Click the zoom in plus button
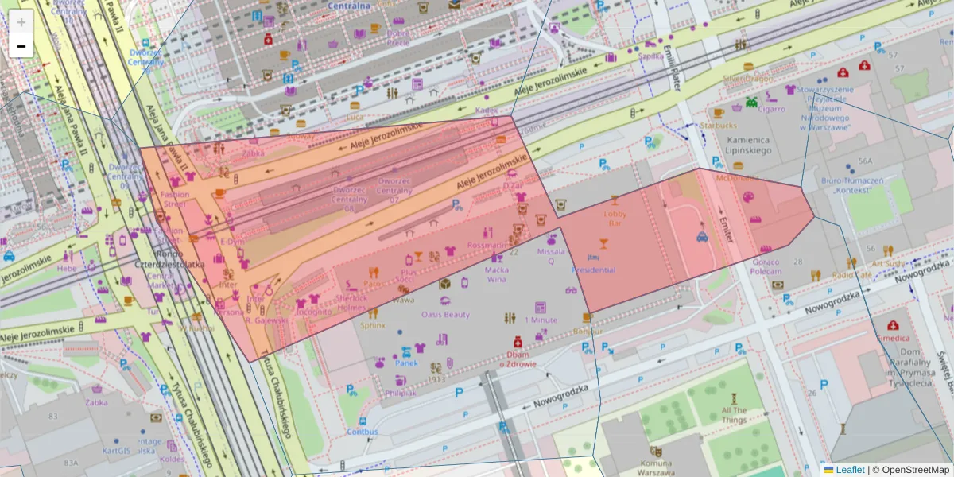(21, 22)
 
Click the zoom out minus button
(21, 46)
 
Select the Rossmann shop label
(487, 245)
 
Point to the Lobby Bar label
(615, 219)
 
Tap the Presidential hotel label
(593, 270)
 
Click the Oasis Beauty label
(446, 314)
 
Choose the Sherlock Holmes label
(351, 303)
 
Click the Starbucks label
(719, 126)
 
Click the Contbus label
(363, 432)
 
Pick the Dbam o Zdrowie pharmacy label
(518, 359)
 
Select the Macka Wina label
(497, 274)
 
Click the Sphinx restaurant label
(372, 324)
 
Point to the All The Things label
(734, 415)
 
